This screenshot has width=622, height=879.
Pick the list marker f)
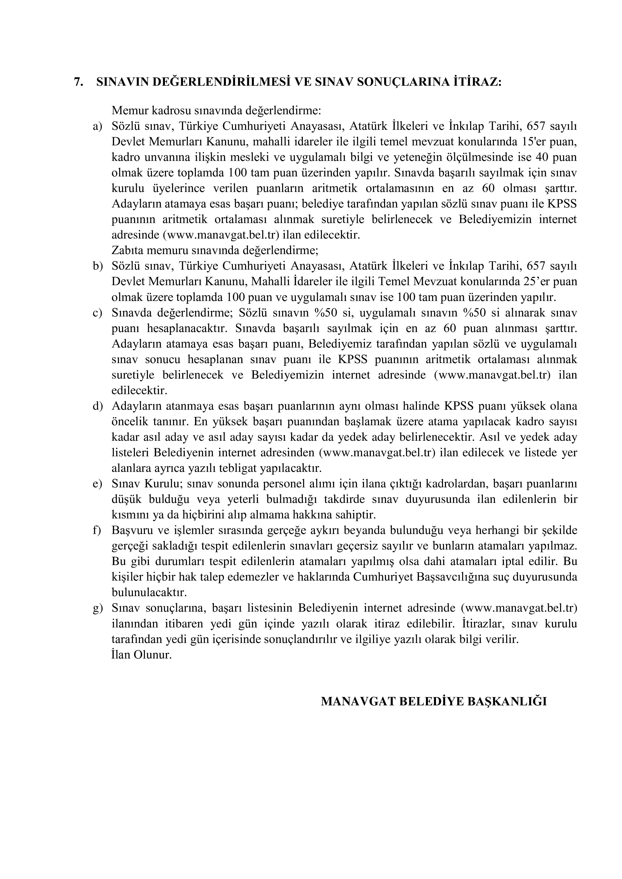pyautogui.click(x=97, y=531)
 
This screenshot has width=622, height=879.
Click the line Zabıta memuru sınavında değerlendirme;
pyautogui.click(x=215, y=251)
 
